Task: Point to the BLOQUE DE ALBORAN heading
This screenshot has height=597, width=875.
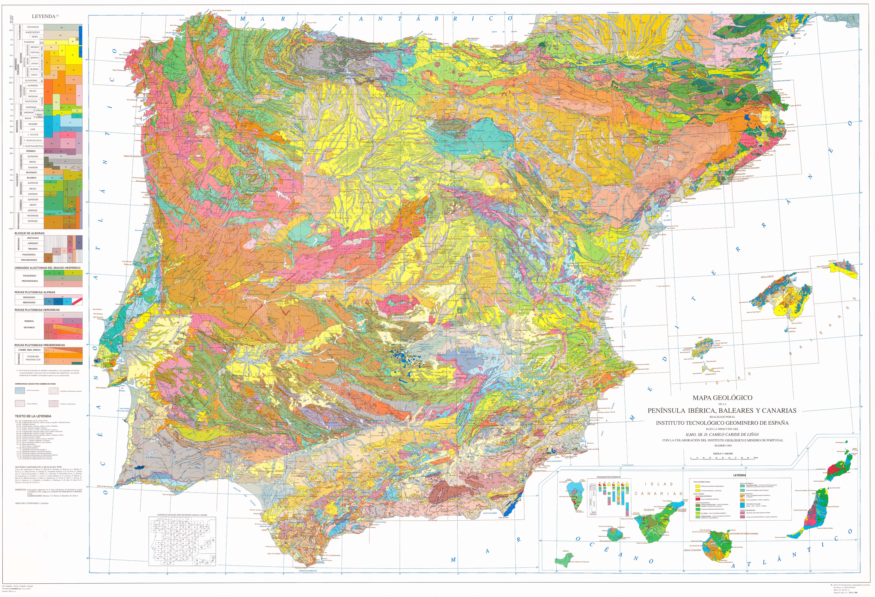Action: pyautogui.click(x=29, y=233)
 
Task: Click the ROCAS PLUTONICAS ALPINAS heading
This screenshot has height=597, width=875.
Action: pyautogui.click(x=35, y=292)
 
